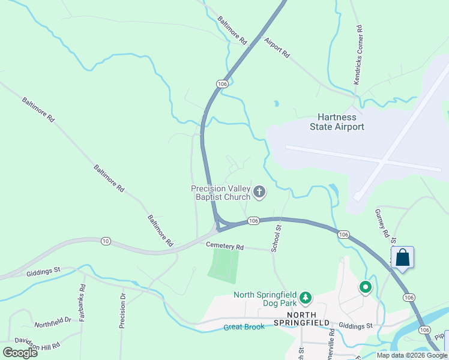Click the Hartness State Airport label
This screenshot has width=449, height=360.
tap(337, 122)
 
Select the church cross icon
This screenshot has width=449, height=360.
tap(259, 192)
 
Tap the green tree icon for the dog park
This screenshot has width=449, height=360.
tap(306, 297)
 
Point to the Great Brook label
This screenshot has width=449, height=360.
tap(244, 327)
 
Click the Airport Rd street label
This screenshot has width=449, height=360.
tap(277, 47)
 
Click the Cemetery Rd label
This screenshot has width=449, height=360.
tap(225, 247)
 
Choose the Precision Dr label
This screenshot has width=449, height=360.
tap(122, 310)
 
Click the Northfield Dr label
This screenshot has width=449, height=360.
tap(53, 323)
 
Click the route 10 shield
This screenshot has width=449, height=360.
tap(106, 241)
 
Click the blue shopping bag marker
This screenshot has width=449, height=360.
tap(402, 258)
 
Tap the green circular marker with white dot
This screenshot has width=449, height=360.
tap(366, 287)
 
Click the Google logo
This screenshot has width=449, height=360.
tap(20, 353)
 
